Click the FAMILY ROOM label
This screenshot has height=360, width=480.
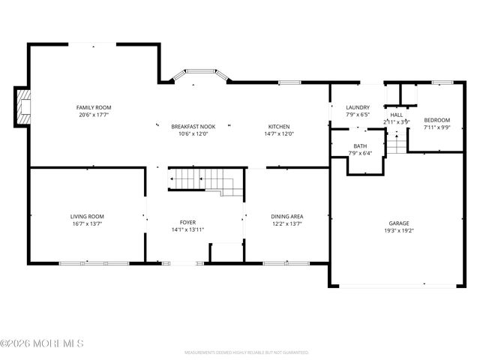pyautogui.click(x=94, y=108)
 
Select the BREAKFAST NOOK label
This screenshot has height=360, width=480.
pyautogui.click(x=193, y=127)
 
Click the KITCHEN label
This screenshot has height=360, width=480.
pyautogui.click(x=279, y=127)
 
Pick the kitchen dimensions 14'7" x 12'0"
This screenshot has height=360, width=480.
pyautogui.click(x=279, y=134)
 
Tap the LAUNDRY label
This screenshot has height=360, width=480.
pyautogui.click(x=357, y=108)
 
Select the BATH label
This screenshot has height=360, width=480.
pyautogui.click(x=360, y=146)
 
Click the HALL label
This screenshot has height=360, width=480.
pyautogui.click(x=396, y=115)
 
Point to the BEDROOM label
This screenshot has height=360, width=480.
pyautogui.click(x=436, y=120)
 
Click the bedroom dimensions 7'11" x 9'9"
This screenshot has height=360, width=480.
pyautogui.click(x=436, y=127)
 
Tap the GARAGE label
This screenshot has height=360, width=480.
pyautogui.click(x=398, y=223)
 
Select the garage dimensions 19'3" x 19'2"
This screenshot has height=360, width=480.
pyautogui.click(x=398, y=231)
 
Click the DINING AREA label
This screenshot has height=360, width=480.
pyautogui.click(x=286, y=216)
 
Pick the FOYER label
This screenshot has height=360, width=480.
pyautogui.click(x=187, y=223)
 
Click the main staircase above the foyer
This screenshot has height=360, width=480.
pyautogui.click(x=204, y=181)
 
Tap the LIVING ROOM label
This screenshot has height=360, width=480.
pyautogui.click(x=87, y=216)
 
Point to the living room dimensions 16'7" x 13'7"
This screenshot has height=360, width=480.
pyautogui.click(x=87, y=223)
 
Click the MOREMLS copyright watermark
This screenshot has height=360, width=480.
pyautogui.click(x=42, y=343)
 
